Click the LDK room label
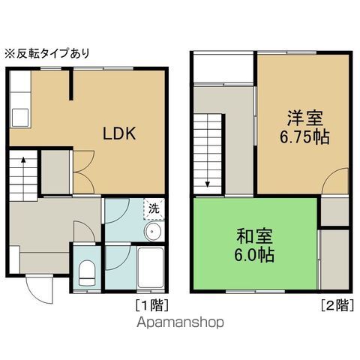(118, 134)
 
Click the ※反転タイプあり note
(46, 53)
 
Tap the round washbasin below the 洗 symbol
(153, 231)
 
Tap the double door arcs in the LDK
(82, 169)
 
